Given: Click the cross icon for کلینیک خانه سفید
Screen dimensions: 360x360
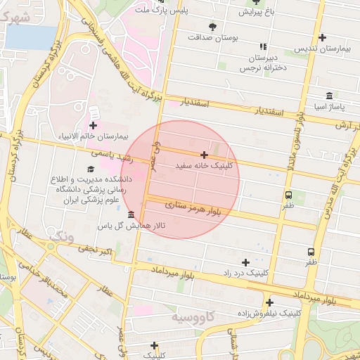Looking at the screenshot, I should pyautogui.click(x=204, y=155).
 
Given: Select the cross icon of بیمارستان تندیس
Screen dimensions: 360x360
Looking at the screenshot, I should pyautogui.click(x=322, y=37).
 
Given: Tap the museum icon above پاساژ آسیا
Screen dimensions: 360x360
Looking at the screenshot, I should pyautogui.click(x=328, y=96).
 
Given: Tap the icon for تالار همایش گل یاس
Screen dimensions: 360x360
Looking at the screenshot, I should pyautogui.click(x=131, y=214).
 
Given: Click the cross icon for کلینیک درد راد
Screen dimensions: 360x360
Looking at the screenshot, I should pyautogui.click(x=245, y=262).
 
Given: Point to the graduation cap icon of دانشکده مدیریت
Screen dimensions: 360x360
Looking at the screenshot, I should pyautogui.click(x=89, y=169).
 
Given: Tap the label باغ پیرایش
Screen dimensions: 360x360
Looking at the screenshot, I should pyautogui.click(x=262, y=12).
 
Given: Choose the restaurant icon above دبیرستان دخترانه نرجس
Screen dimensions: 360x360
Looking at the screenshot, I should pyautogui.click(x=263, y=46).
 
